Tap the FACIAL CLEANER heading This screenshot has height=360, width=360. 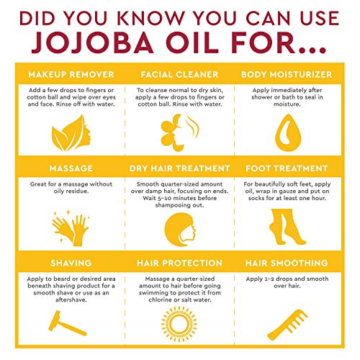click(179, 74)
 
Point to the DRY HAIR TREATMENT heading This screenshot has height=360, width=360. click(179, 168)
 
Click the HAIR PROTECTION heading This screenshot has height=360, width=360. click(179, 263)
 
